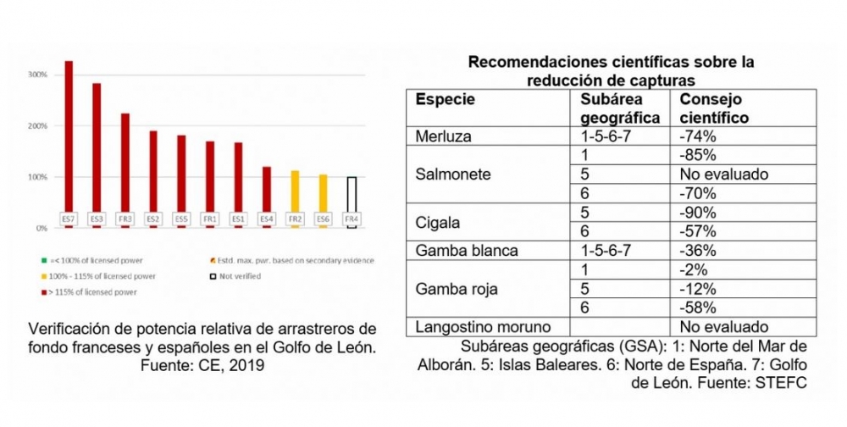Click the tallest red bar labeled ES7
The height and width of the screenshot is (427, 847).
[x=69, y=136]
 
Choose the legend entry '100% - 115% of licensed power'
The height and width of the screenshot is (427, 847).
[x=97, y=275]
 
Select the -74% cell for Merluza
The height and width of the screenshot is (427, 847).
[x=699, y=136]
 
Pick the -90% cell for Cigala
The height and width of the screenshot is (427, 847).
[x=699, y=212]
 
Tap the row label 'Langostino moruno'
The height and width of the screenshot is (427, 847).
[x=479, y=326]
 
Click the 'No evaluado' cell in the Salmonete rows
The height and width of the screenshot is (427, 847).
[x=723, y=175]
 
